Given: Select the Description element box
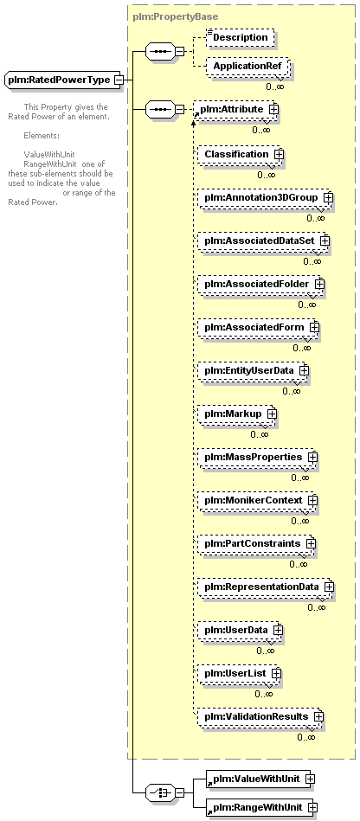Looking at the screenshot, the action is coord(240,38).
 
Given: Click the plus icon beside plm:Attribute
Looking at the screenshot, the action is coord(273,109).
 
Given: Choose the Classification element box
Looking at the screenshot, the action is coord(240,155).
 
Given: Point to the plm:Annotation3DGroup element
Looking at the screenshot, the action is coord(265,198).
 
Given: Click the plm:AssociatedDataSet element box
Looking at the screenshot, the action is coord(262,241).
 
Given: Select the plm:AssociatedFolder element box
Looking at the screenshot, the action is coord(260,284).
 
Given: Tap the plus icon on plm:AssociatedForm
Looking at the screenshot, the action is coord(314,327).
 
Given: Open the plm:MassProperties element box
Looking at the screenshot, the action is coord(257,457).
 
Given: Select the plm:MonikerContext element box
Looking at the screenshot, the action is coord(257,501).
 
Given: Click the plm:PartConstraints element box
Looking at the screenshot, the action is coord(255,543).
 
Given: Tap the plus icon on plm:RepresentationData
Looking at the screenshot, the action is coord(328,587).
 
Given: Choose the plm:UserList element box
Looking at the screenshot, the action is coord(239,673).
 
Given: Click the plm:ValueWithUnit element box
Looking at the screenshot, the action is coord(260,779).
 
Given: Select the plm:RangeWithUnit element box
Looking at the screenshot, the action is coord(261,808).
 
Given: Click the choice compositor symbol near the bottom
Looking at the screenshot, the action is coord(160,793).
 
